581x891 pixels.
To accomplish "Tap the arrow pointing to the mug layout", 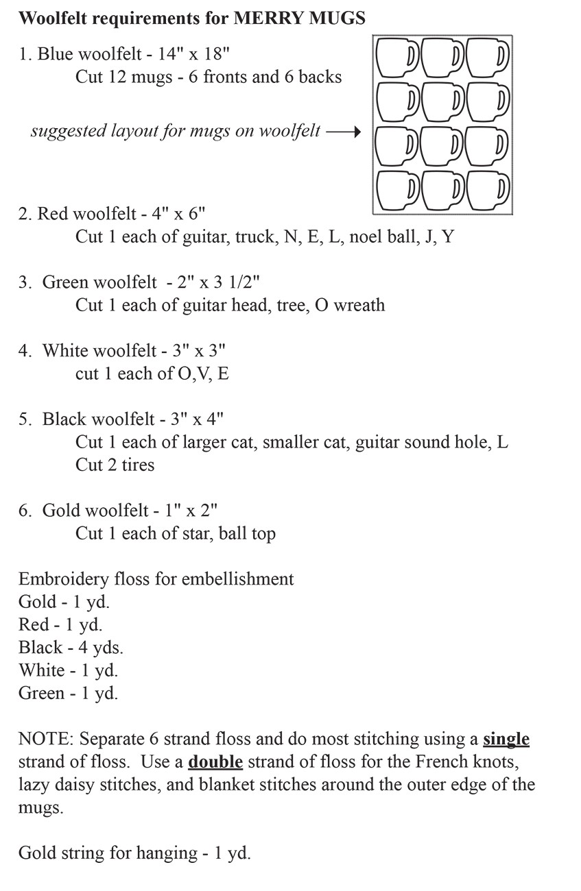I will coord(344,131).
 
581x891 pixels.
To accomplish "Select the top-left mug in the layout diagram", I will coord(396,57).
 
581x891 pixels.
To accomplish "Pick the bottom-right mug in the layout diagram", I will coord(488,188).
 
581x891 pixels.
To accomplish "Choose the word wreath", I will coord(359,304).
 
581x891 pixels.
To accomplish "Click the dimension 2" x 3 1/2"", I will coord(213,282).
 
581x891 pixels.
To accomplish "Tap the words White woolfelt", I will coord(99,350).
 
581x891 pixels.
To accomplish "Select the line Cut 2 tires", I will coord(115,465).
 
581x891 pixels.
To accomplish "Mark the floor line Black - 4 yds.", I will coord(71,647).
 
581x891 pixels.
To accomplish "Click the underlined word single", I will coord(506,739).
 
